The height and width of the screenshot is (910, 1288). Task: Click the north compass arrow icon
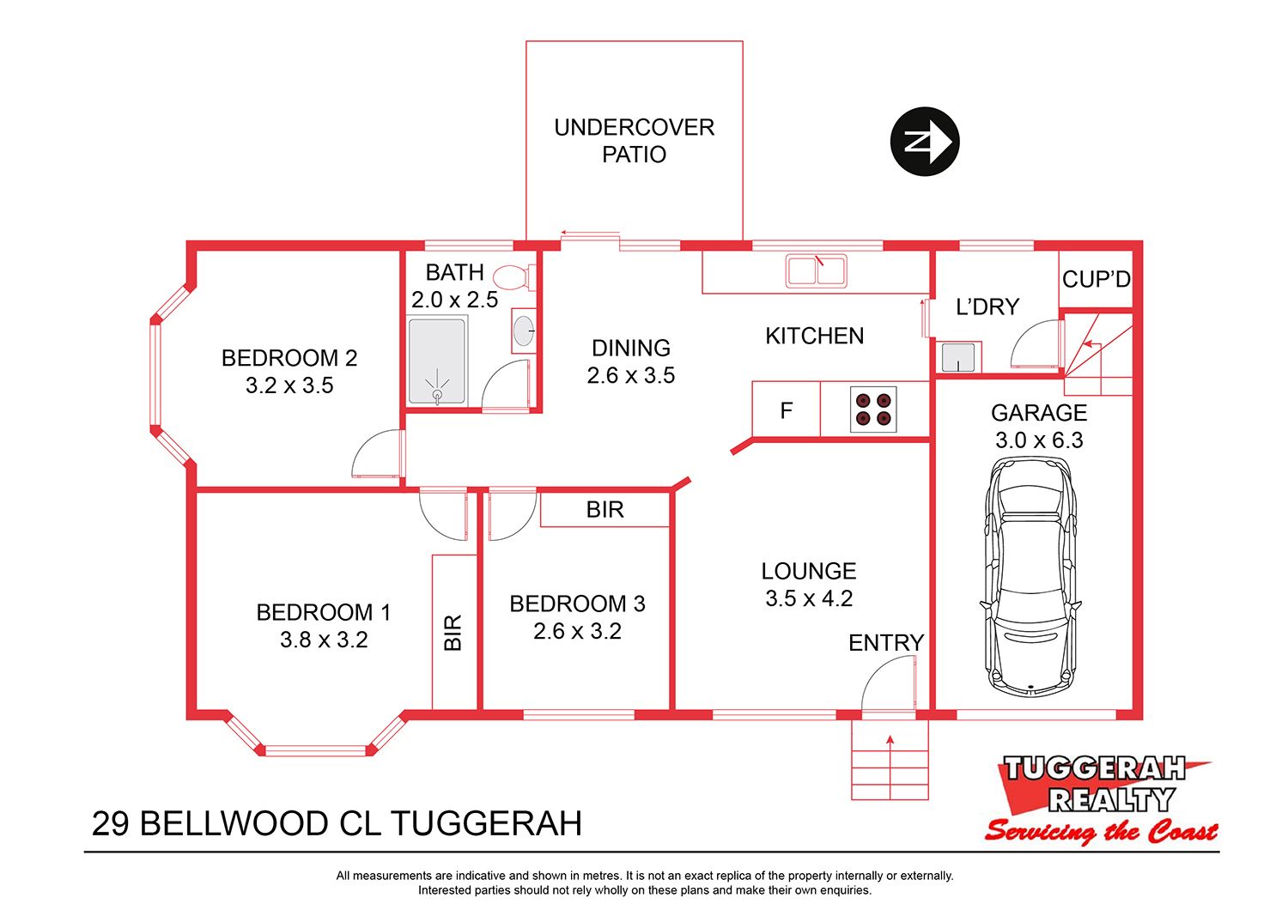pos(925,142)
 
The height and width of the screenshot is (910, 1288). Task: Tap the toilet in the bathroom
pos(513,277)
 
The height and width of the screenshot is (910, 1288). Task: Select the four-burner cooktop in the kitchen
pos(873,409)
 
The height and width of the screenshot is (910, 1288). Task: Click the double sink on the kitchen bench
pos(816,270)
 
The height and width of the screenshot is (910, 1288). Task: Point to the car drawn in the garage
pos(1030,576)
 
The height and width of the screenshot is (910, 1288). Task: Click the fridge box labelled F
pos(786,409)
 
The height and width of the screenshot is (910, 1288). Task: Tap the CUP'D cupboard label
pos(1096,279)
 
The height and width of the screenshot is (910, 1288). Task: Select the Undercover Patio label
pos(635,141)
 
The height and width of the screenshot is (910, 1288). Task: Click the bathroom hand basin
pos(523,331)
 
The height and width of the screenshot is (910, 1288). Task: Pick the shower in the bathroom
pos(437,361)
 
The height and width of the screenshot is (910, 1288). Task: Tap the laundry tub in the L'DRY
pos(958,357)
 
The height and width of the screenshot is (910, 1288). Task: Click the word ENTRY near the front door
pos(886,643)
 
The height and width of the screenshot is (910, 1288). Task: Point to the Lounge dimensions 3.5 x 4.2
pos(809,598)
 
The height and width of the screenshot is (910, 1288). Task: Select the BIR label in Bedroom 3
pos(605,509)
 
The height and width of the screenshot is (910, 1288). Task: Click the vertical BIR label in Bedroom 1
pos(453,633)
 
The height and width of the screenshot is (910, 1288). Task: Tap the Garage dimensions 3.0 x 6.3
pos(1039,440)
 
